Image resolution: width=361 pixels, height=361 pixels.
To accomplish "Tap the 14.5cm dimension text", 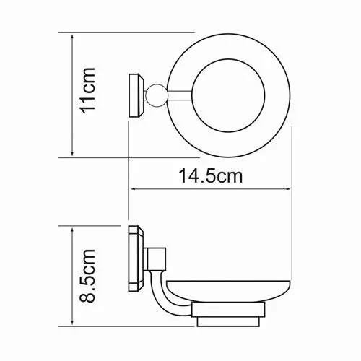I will [209, 175].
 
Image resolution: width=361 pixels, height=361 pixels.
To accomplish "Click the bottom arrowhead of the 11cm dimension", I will [73, 155].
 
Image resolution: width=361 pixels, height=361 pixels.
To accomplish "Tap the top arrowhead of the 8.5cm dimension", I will [73, 227].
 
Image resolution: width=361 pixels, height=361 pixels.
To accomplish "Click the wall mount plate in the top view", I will [135, 94].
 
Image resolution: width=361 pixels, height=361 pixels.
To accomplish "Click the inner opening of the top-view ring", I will [230, 94].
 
